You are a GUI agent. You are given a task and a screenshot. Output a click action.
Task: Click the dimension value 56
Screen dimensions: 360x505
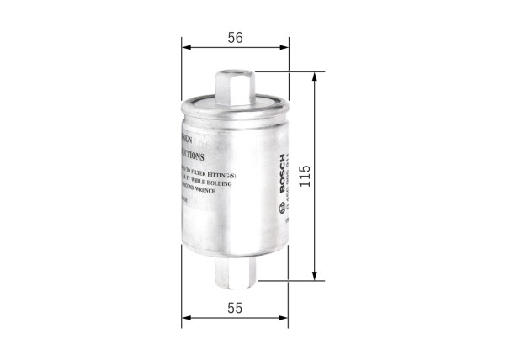click(x=235, y=37)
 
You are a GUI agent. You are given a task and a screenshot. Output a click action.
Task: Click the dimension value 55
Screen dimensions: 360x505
click(x=235, y=308)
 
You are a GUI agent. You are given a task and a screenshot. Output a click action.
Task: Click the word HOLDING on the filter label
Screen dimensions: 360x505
click(x=216, y=181)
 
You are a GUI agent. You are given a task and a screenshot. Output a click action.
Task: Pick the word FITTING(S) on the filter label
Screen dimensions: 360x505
click(x=218, y=171)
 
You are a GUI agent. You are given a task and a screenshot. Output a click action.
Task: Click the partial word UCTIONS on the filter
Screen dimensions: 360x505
click(x=190, y=156)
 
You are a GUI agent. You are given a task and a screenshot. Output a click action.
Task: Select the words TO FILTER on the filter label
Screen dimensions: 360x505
click(x=191, y=171)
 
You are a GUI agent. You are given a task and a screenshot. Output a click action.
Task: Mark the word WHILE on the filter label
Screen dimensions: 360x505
click(x=196, y=181)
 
